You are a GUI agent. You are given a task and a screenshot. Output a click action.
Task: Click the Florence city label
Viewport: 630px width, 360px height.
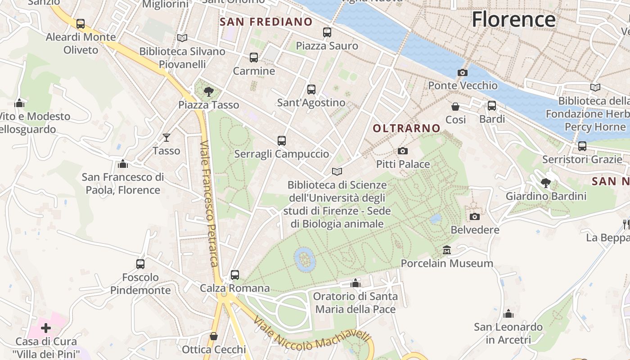pos(513,19)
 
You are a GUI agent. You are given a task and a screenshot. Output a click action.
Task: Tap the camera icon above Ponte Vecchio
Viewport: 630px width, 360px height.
pos(462,72)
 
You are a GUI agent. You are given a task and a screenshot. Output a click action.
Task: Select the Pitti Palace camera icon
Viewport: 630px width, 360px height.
pos(403,151)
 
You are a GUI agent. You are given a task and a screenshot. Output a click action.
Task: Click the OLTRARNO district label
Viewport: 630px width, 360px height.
pos(406,128)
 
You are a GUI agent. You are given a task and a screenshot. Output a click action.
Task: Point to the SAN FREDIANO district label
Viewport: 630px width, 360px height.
pos(266,22)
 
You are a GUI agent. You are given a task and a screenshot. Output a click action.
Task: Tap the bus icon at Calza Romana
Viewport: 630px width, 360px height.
pos(234,274)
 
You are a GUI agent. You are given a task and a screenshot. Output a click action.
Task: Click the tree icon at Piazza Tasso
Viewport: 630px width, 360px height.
pos(208,92)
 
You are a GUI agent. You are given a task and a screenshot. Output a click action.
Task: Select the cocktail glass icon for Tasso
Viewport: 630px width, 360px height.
pos(166,137)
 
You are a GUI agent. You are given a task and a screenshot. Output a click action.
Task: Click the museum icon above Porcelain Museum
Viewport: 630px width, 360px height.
pos(447,250)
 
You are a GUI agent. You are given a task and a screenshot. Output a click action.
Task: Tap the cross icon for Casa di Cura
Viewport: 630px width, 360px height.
pos(46,328)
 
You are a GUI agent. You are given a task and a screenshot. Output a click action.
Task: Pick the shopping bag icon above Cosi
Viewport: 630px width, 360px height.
pos(455,107)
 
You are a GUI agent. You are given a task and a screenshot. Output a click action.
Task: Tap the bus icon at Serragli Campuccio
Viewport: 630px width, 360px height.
pos(282,141)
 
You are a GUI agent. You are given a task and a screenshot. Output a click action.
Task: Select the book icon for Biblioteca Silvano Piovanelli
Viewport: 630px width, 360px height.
pos(182,38)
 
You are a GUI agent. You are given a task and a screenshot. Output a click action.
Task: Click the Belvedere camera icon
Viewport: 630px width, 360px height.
pos(475,217)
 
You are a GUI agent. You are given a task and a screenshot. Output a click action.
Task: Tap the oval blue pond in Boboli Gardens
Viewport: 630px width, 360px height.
pos(305,260)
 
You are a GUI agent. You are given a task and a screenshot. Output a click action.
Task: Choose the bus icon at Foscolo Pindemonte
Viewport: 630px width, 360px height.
pos(140,264)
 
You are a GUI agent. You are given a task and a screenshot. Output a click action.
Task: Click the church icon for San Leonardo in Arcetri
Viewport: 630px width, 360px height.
pos(508,314)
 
